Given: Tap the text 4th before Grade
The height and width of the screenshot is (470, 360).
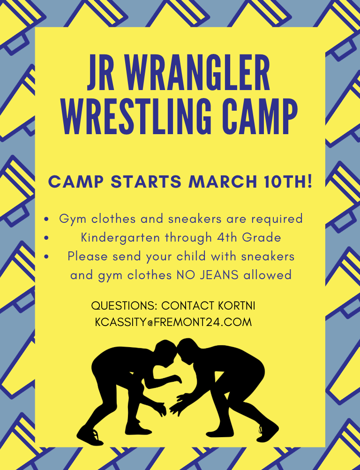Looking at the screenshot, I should pyautogui.click(x=227, y=237).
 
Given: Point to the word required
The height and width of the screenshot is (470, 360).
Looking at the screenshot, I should pyautogui.click(x=277, y=219).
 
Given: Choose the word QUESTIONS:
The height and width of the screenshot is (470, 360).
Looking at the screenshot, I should pyautogui.click(x=125, y=306).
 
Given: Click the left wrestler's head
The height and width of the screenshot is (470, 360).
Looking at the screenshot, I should pyautogui.click(x=165, y=350).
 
